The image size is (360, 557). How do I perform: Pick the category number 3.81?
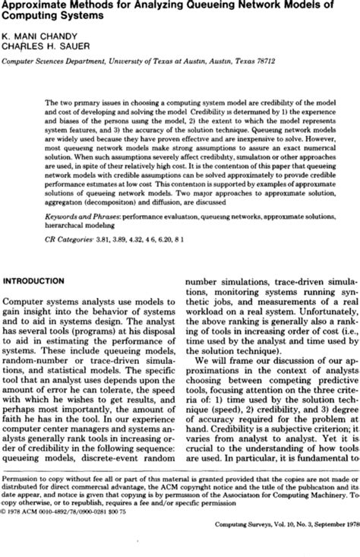(x=109, y=235)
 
